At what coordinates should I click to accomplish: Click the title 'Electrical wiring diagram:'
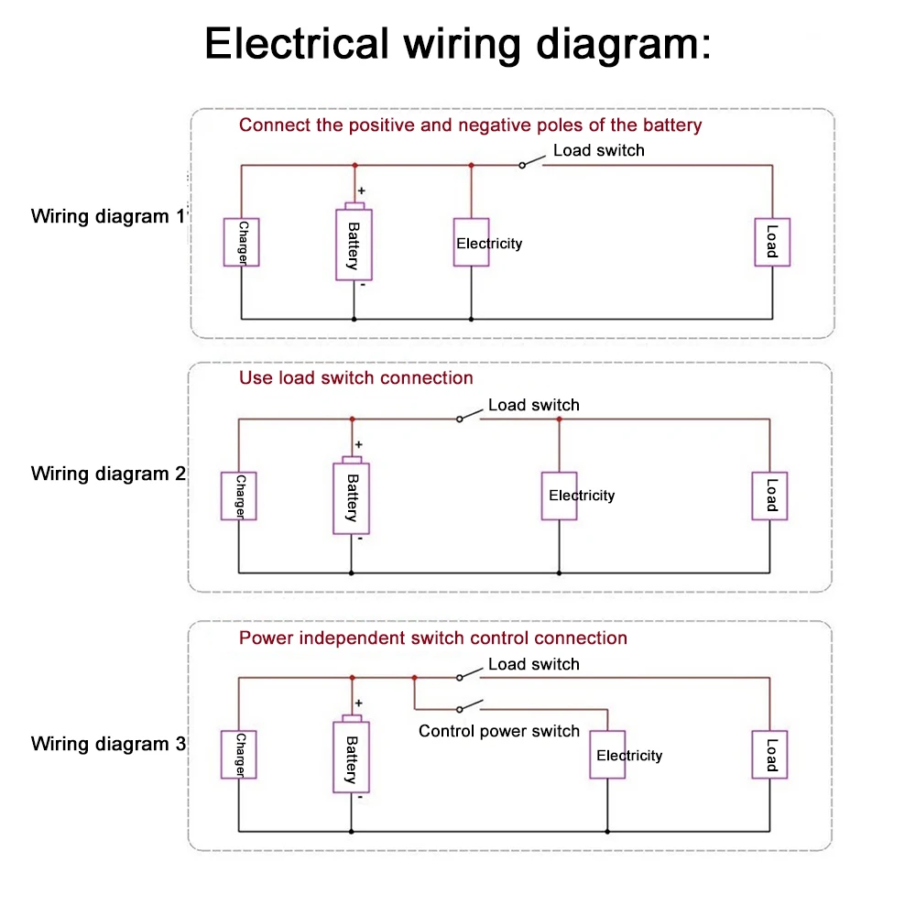click(x=457, y=43)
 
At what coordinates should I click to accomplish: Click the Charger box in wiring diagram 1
click(x=242, y=243)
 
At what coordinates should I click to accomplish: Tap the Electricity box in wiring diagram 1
click(x=471, y=243)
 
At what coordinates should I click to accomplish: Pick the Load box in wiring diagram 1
click(x=772, y=243)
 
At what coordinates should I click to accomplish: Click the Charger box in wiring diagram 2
click(x=238, y=496)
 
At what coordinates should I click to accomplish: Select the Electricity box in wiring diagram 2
click(x=559, y=496)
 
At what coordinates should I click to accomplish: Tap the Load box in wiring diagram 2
click(x=769, y=496)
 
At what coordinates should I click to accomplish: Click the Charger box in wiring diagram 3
click(x=238, y=755)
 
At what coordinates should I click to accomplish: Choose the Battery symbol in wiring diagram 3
click(x=351, y=758)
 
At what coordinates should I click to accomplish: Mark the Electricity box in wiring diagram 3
click(x=607, y=755)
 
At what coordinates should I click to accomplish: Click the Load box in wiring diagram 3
click(x=769, y=755)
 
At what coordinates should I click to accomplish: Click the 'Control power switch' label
click(x=499, y=731)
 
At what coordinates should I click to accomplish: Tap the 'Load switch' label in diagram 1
click(x=598, y=150)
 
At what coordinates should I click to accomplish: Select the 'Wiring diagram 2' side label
click(x=108, y=474)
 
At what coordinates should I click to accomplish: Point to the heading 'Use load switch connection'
click(x=356, y=377)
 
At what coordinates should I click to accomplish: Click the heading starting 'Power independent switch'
click(x=433, y=638)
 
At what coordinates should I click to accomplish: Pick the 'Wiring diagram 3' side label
click(x=108, y=743)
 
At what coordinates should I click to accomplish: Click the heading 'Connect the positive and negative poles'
click(x=470, y=125)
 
